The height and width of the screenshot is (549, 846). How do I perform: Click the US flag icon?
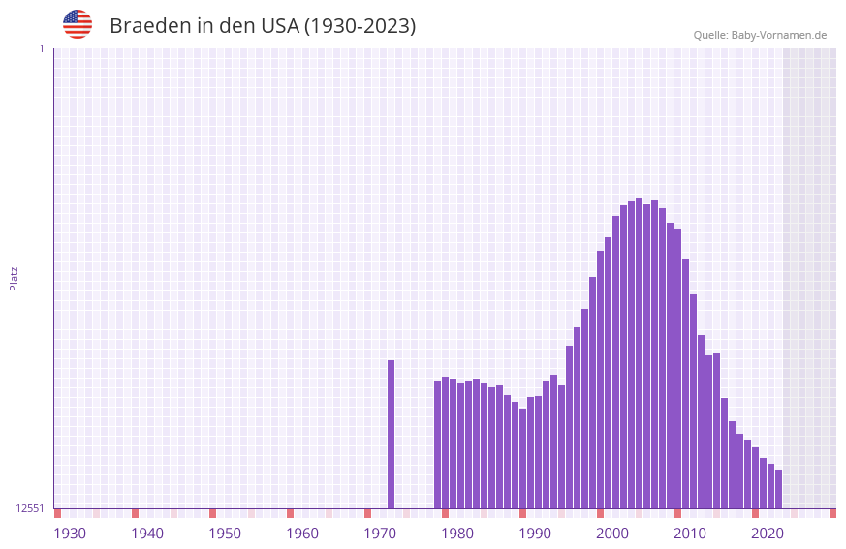tap(78, 24)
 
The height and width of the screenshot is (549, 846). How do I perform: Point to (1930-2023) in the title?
tap(360, 26)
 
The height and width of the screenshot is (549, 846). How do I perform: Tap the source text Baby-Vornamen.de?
tap(778, 35)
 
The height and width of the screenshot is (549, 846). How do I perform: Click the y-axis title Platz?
tap(14, 278)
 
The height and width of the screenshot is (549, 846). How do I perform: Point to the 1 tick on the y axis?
tap(41, 48)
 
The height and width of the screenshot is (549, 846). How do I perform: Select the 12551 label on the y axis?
tap(30, 508)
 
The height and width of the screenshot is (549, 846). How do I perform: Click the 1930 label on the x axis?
tap(70, 534)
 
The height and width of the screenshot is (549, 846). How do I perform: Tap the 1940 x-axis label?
tap(147, 534)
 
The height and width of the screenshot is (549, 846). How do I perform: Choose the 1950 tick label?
tap(225, 534)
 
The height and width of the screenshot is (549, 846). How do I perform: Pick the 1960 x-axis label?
tap(302, 534)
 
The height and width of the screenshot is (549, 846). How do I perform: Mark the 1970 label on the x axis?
tap(380, 534)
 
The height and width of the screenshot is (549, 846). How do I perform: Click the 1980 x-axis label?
tap(457, 534)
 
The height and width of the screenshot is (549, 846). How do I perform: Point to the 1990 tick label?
tap(535, 534)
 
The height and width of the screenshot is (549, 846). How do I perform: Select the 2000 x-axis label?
tap(612, 534)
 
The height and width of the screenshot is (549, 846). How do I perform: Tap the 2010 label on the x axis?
tap(690, 534)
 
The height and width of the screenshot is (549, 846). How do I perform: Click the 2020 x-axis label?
tap(768, 534)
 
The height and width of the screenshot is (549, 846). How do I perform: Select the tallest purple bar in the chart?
tap(639, 353)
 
